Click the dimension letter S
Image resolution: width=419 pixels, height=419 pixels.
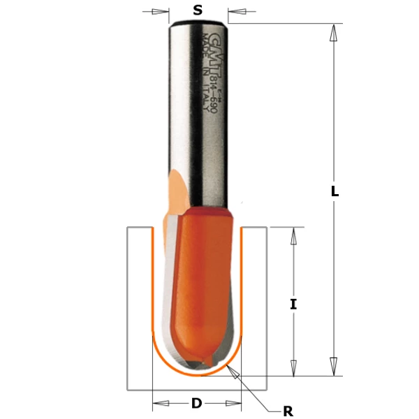point(198,10)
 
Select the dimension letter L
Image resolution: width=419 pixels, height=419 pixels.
point(335,191)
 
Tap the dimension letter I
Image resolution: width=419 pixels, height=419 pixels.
point(293,304)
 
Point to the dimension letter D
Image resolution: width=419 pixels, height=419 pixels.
point(197,403)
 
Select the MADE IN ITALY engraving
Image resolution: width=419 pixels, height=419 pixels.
point(203,63)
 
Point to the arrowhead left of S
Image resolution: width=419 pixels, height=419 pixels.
point(161,11)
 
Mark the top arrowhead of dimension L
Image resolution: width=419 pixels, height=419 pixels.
point(334,31)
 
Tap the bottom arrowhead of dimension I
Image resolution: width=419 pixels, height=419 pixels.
point(293,367)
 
